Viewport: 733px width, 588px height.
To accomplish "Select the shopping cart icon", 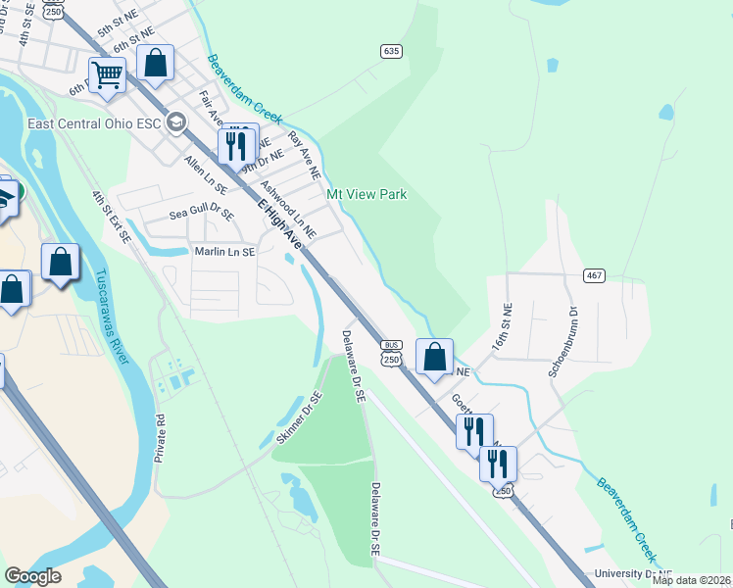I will pyautogui.click(x=107, y=74).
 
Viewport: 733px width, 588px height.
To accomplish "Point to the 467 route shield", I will pyautogui.click(x=593, y=275).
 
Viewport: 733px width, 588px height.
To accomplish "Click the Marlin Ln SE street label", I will pyautogui.click(x=212, y=252).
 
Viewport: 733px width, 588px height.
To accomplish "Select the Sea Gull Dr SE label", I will pyautogui.click(x=202, y=214).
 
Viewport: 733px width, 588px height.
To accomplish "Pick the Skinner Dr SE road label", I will pyautogui.click(x=299, y=418).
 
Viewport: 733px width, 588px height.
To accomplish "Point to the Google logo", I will pyautogui.click(x=32, y=576).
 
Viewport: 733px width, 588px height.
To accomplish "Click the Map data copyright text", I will pyautogui.click(x=691, y=580).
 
